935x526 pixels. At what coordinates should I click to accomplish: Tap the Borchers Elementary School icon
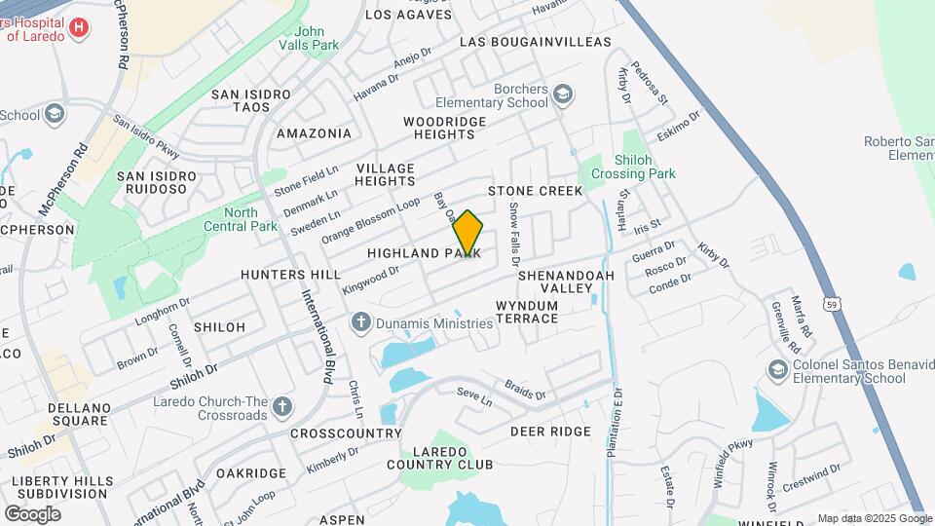pos(562,94)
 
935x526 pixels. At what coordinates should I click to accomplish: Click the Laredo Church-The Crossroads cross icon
pos(282,406)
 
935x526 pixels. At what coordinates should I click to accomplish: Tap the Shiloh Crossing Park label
pos(631,167)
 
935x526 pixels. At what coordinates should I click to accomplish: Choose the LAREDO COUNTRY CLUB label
pos(441,458)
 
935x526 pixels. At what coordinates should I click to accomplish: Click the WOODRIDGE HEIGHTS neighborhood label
pos(444,128)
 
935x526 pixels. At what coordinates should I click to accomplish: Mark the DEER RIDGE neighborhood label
pos(550,432)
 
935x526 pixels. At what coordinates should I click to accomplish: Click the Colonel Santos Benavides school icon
pos(777,370)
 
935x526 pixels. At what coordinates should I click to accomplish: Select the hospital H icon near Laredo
pos(79,28)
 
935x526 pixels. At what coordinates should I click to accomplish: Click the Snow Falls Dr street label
pos(514,235)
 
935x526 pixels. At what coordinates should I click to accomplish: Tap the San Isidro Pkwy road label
pos(147,137)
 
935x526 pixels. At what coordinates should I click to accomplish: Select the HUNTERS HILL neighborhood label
pos(291,275)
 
